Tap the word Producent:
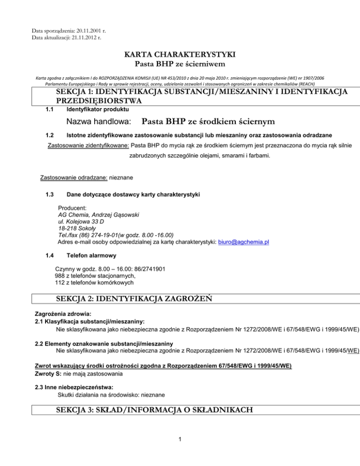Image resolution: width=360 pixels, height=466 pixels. pos(72,207)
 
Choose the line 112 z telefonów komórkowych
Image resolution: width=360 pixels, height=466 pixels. pos(94,283)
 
